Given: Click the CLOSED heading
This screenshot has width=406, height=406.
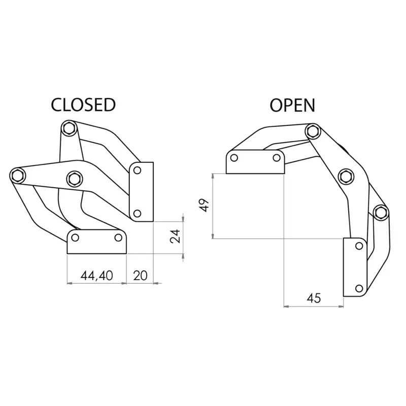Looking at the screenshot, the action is (83, 105).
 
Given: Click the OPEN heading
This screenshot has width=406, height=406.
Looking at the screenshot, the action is (292, 105).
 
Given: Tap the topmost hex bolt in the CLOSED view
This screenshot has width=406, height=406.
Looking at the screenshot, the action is (69, 128).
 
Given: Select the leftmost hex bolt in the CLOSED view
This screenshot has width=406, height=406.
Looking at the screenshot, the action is (18, 175).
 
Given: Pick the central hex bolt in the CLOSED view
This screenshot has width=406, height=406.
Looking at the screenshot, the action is (75, 179).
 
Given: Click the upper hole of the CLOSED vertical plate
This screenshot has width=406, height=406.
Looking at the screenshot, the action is (137, 171).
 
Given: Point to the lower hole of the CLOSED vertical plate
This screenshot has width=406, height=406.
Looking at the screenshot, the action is (137, 214).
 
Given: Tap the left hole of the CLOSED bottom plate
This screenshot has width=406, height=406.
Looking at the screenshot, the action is (75, 238).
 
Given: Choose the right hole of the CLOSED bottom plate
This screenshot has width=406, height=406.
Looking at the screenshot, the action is (118, 238).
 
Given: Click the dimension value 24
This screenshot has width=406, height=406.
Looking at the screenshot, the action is (175, 236).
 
